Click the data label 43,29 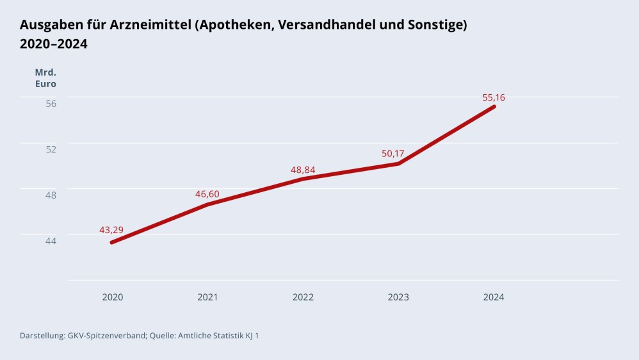(111, 230)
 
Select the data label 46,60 (207, 193)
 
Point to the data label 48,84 (302, 170)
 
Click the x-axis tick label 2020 (113, 297)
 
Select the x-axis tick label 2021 (207, 297)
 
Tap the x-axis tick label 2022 (303, 297)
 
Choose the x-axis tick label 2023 (398, 297)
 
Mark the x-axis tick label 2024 (494, 297)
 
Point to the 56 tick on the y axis (51, 103)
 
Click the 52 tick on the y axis (51, 149)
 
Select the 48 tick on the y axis (51, 195)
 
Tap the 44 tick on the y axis (51, 240)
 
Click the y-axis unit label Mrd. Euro (45, 78)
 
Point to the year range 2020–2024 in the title (54, 44)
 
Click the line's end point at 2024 (494, 106)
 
